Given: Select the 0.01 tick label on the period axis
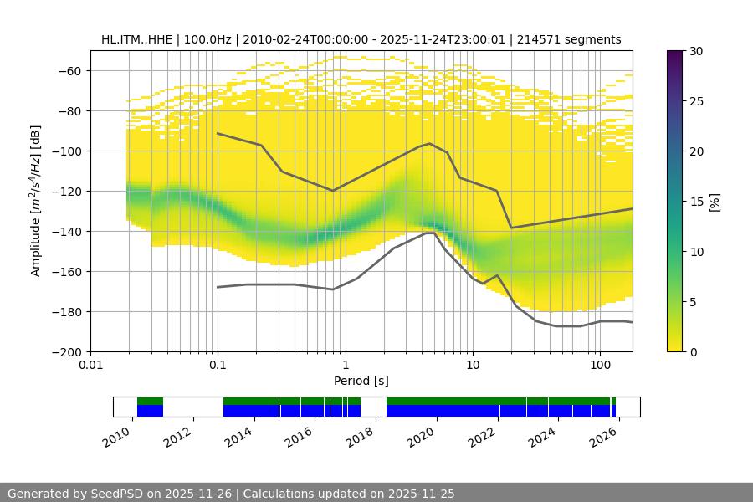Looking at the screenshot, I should point(90,366).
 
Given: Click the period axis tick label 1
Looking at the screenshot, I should point(345,366).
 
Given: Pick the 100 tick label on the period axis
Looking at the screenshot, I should point(599,366).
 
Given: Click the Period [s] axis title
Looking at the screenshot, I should point(361,382).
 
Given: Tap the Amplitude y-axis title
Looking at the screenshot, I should point(36,201).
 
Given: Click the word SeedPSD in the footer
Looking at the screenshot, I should point(130,494).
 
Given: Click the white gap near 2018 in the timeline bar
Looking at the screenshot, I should point(373,407).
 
